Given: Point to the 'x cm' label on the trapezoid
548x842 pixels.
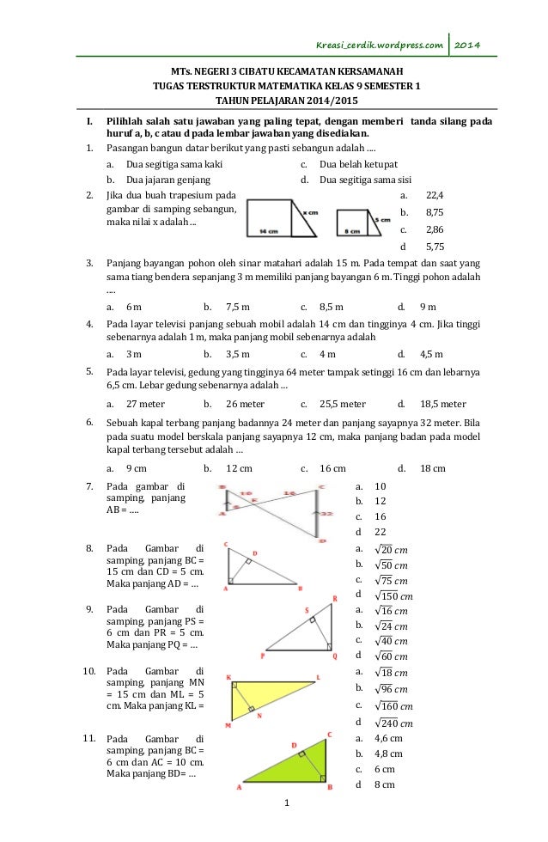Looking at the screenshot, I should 310,210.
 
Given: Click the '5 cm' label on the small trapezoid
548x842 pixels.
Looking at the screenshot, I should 382,220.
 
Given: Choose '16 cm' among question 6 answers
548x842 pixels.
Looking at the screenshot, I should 332,468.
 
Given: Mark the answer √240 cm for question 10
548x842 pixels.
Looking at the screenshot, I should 396,722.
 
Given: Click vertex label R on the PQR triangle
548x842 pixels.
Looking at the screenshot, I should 334,599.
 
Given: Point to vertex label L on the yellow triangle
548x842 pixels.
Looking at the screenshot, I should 318,678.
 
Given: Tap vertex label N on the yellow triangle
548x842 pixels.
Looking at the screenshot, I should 260,715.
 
